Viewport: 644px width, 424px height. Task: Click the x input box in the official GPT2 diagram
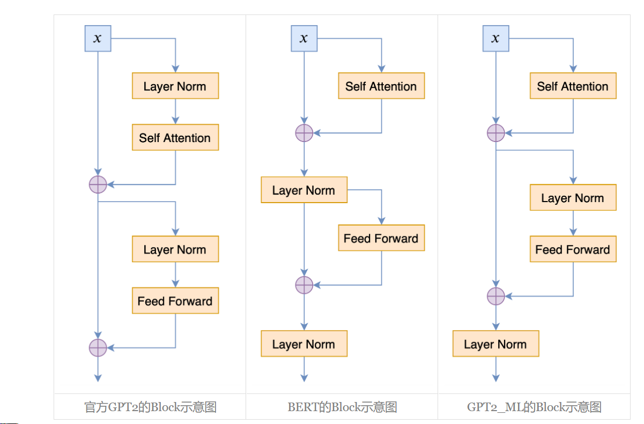98,39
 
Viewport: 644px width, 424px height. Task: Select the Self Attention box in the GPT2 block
175,138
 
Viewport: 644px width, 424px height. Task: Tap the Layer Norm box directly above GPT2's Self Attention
175,86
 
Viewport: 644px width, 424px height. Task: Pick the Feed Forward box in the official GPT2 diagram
175,301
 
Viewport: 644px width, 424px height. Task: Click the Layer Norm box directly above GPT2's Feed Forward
175,249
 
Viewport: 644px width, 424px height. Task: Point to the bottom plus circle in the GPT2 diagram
98,348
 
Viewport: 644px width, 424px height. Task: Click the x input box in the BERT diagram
304,39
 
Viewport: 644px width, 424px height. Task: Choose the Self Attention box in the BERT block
381,86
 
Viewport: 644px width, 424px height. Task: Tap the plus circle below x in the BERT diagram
304,132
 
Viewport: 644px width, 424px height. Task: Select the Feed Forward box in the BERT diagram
381,238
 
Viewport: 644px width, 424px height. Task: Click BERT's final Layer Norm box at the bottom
304,344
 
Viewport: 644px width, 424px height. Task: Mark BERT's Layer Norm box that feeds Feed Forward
304,190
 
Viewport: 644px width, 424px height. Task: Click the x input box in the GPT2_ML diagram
495,39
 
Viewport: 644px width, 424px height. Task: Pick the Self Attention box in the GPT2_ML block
573,86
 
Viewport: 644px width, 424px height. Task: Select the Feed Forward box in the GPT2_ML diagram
573,249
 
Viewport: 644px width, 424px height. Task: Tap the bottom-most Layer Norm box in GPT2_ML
495,344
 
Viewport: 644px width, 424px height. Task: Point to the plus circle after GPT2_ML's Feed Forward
495,296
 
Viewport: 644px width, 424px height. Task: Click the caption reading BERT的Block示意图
342,407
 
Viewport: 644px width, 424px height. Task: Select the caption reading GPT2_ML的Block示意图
534,407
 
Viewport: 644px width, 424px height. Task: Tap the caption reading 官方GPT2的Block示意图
150,407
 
